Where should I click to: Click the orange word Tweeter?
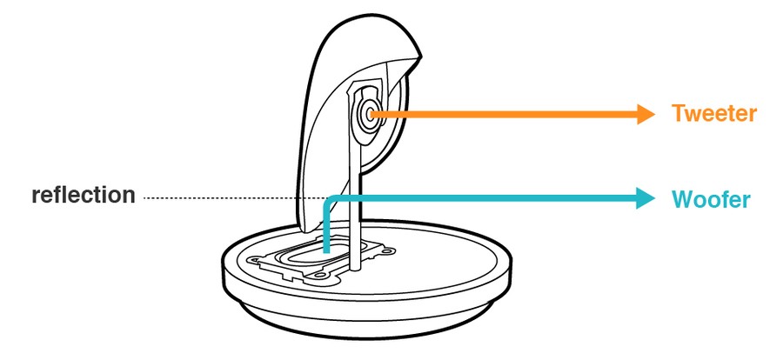(714, 114)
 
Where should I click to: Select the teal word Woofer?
(711, 199)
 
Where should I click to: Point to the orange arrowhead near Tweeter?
(646, 114)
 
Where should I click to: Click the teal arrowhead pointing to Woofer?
(646, 199)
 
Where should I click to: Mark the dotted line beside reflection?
(234, 198)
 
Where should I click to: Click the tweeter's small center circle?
(369, 114)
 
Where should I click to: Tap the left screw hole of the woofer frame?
(256, 259)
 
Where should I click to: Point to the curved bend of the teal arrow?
(330, 202)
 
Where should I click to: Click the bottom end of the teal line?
(326, 251)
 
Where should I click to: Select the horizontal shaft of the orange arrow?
(505, 114)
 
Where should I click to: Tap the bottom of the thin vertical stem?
(355, 268)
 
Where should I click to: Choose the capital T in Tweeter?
(679, 114)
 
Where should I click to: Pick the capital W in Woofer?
(684, 200)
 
